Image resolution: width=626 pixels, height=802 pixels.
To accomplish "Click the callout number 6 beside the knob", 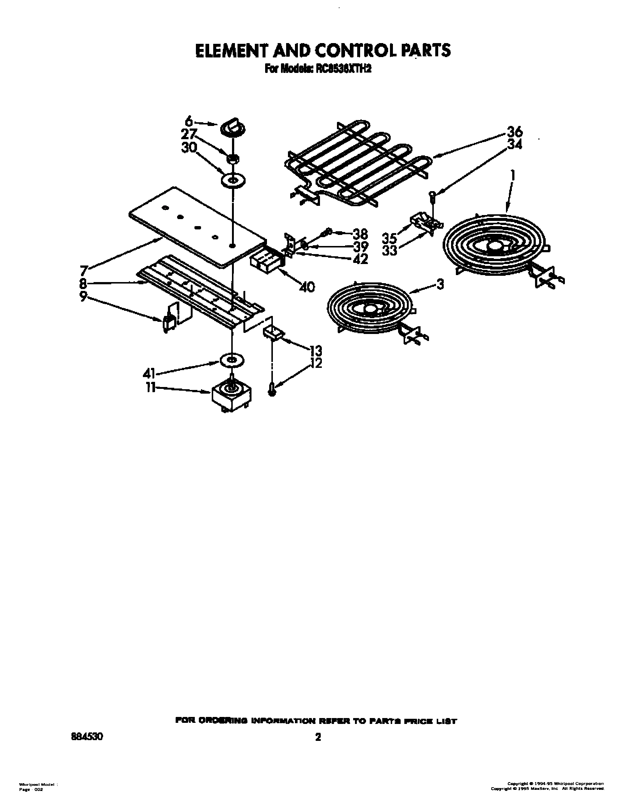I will (189, 121).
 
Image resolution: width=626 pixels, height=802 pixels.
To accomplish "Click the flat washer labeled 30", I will (233, 181).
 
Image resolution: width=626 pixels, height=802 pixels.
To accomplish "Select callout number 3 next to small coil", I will (440, 284).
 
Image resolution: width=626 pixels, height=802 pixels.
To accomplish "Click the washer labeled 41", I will (232, 361).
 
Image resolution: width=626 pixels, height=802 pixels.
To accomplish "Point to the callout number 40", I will (307, 287).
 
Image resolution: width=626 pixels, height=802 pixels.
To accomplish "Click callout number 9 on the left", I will (84, 296).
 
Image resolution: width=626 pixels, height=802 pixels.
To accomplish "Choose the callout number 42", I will (360, 259).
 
